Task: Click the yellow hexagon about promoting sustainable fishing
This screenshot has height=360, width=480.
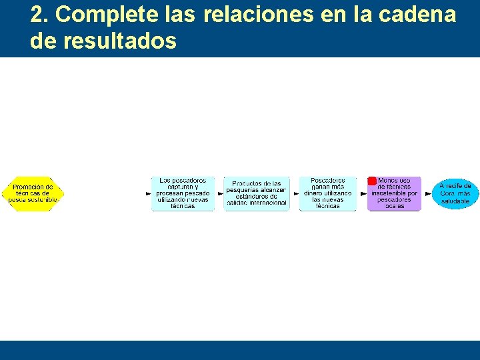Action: coord(32,193)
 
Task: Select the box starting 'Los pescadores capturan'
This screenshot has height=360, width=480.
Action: coord(183,193)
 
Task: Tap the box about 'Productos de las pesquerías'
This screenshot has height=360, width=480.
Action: coord(257,193)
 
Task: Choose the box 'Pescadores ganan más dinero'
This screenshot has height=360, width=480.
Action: coord(328,193)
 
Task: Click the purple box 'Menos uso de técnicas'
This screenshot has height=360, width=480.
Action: coord(395,194)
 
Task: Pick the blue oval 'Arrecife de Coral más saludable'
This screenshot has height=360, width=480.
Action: coord(455,193)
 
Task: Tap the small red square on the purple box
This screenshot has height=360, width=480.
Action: coord(372,181)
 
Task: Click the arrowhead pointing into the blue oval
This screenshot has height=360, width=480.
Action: coord(429,193)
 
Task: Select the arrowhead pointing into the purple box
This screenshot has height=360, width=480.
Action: coord(364,193)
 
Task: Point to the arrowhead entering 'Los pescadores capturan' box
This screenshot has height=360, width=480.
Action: coord(149,193)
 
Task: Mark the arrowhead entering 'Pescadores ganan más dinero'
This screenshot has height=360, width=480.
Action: coord(296,193)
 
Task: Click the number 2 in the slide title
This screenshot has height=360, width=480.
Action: coord(37,15)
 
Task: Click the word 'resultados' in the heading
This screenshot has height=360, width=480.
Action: coord(120,41)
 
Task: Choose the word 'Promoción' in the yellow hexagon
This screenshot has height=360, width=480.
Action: coord(33,187)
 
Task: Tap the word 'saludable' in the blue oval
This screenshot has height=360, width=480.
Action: coord(455,201)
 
